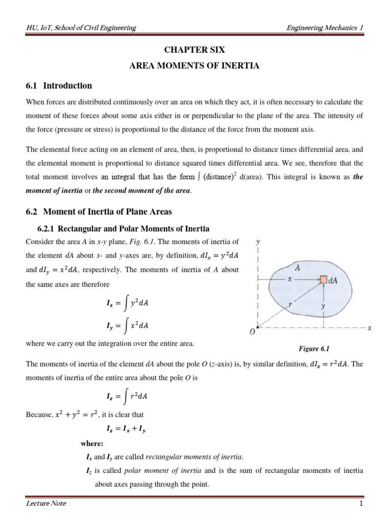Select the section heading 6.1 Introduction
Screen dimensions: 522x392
coord(59,86)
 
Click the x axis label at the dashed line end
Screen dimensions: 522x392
coord(369,328)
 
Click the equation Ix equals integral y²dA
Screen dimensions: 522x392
coord(127,304)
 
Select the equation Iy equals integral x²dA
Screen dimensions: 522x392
coord(127,325)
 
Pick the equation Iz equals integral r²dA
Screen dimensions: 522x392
coord(127,396)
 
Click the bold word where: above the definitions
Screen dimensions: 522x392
coord(92,443)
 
